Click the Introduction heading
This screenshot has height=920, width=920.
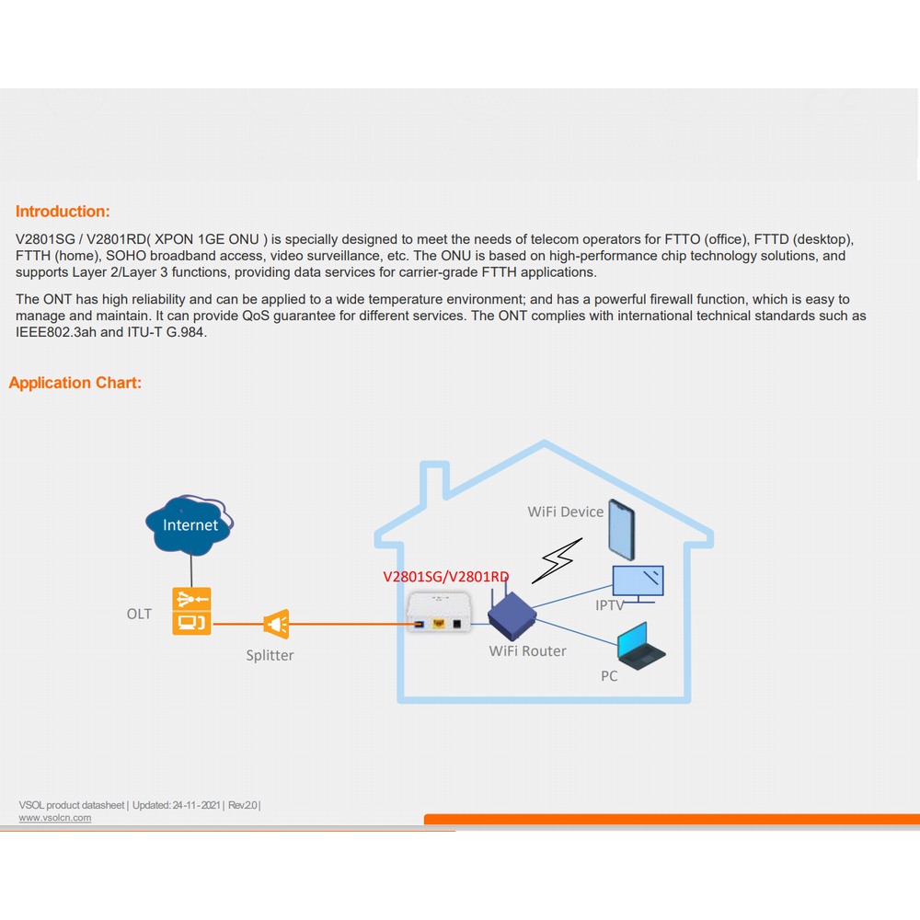(x=63, y=212)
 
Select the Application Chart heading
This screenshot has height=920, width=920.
(x=75, y=383)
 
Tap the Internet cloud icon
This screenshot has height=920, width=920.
(x=190, y=523)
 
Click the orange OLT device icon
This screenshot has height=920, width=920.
(x=191, y=611)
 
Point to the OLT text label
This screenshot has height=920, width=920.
(x=139, y=614)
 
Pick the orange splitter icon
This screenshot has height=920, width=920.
(x=276, y=625)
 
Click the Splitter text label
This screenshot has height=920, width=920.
(x=270, y=656)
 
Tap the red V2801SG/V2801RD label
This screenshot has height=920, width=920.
(x=446, y=577)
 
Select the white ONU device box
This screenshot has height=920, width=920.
(x=439, y=613)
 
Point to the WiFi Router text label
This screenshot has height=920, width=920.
(x=527, y=651)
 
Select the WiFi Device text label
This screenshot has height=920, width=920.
(x=565, y=512)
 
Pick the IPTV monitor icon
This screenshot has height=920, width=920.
(x=638, y=583)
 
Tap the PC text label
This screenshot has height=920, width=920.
(x=609, y=676)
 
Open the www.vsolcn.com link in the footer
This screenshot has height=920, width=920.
(x=55, y=818)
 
